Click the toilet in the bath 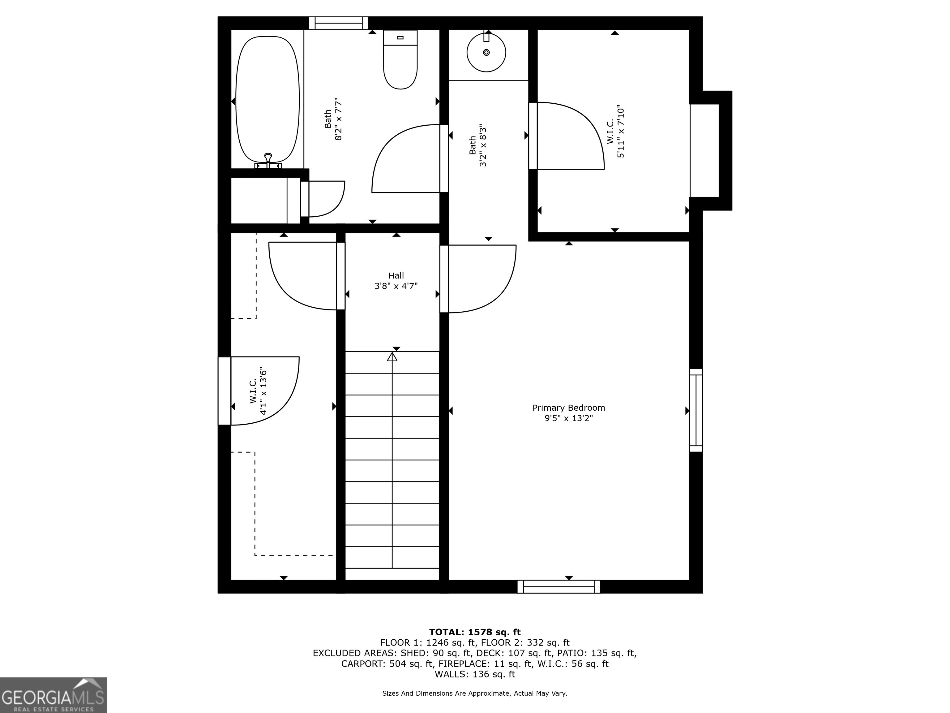400,60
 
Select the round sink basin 486,52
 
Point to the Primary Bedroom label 569,408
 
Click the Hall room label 396,275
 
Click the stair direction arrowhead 392,357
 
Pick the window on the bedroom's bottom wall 559,587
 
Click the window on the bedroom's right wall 696,410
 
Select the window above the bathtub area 339,23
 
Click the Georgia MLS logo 53,695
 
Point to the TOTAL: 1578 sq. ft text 475,632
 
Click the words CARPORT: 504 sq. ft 387,663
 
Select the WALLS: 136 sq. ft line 475,674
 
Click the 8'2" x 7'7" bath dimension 338,119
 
